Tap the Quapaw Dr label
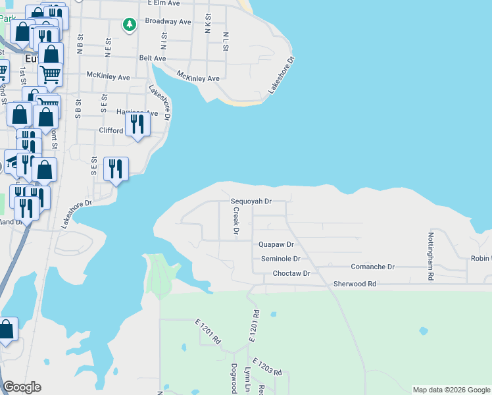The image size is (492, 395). pos(275,244)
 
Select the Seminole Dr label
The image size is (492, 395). pos(280,259)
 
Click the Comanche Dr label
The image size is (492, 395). pos(372,267)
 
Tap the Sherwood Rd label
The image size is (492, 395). pos(354,283)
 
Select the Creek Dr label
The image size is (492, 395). pos(235,221)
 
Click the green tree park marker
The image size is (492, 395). pos(130,24)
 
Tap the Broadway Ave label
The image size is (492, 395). pos(168,22)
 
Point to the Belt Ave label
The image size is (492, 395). pos(152,58)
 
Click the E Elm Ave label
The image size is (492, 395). pos(164,3)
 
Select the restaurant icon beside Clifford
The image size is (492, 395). pos(137,123)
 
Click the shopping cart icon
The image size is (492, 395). pos(50,74)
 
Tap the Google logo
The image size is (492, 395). pos(22,387)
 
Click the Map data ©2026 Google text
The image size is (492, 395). pos(451,390)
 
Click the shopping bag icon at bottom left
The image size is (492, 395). pos(6,329)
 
